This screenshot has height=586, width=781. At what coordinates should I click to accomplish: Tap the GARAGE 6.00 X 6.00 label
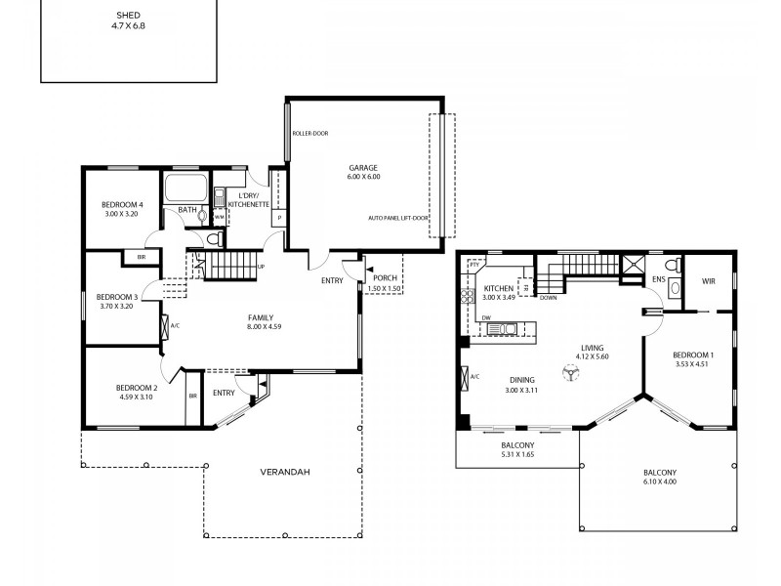pyautogui.click(x=362, y=171)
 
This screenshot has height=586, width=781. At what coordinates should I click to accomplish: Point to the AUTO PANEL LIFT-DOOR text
pyautogui.click(x=398, y=218)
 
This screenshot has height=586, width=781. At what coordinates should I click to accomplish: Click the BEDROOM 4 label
pyautogui.click(x=123, y=208)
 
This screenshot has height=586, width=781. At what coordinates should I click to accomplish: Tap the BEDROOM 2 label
pyautogui.click(x=137, y=392)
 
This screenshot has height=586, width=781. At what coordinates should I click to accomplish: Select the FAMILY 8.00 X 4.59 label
pyautogui.click(x=260, y=322)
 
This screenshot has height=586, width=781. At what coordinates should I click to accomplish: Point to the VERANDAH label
pyautogui.click(x=284, y=472)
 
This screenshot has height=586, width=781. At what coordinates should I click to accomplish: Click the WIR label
pyautogui.click(x=709, y=281)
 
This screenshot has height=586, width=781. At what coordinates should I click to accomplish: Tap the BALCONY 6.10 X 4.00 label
pyautogui.click(x=659, y=477)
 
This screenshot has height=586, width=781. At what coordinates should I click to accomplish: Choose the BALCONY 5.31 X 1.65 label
pyautogui.click(x=517, y=450)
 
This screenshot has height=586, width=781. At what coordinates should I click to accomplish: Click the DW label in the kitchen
pyautogui.click(x=486, y=318)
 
